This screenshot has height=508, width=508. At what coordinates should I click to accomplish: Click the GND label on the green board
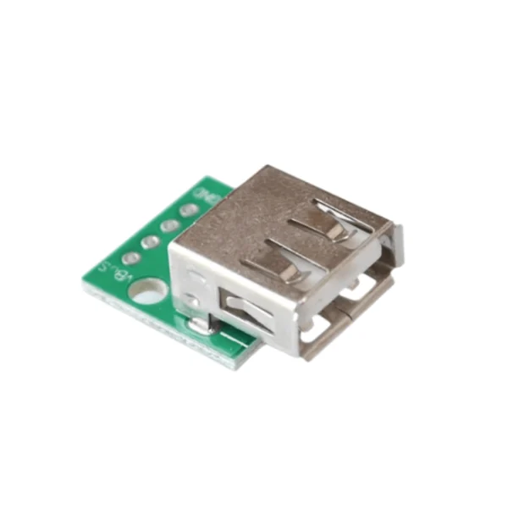207,193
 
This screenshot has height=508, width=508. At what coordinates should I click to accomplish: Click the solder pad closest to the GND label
189,209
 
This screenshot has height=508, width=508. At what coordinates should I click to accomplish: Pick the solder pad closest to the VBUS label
130,258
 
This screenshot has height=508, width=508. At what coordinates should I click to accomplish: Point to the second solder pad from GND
170,225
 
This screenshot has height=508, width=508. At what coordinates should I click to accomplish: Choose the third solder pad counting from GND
151,242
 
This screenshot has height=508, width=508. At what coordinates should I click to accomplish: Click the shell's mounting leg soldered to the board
201,323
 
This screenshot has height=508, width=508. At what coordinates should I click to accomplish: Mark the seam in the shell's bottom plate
330,315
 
